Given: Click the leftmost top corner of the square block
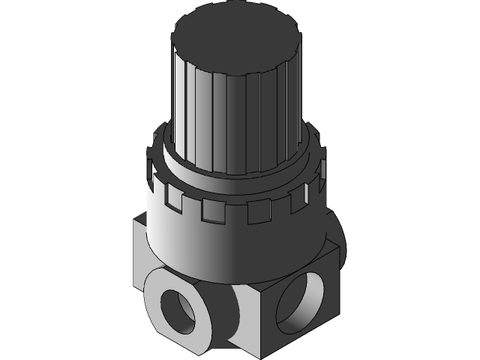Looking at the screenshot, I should point(136,222).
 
